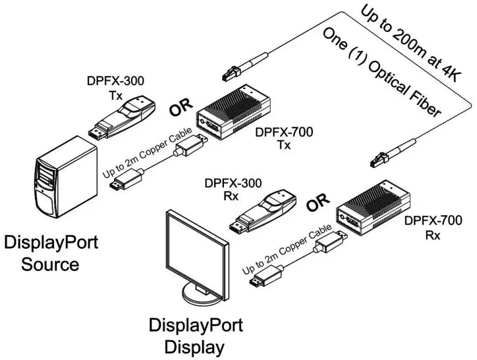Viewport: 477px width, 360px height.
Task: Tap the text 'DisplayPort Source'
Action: [x=51, y=253]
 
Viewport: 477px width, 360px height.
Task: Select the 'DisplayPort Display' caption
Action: [x=195, y=336]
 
